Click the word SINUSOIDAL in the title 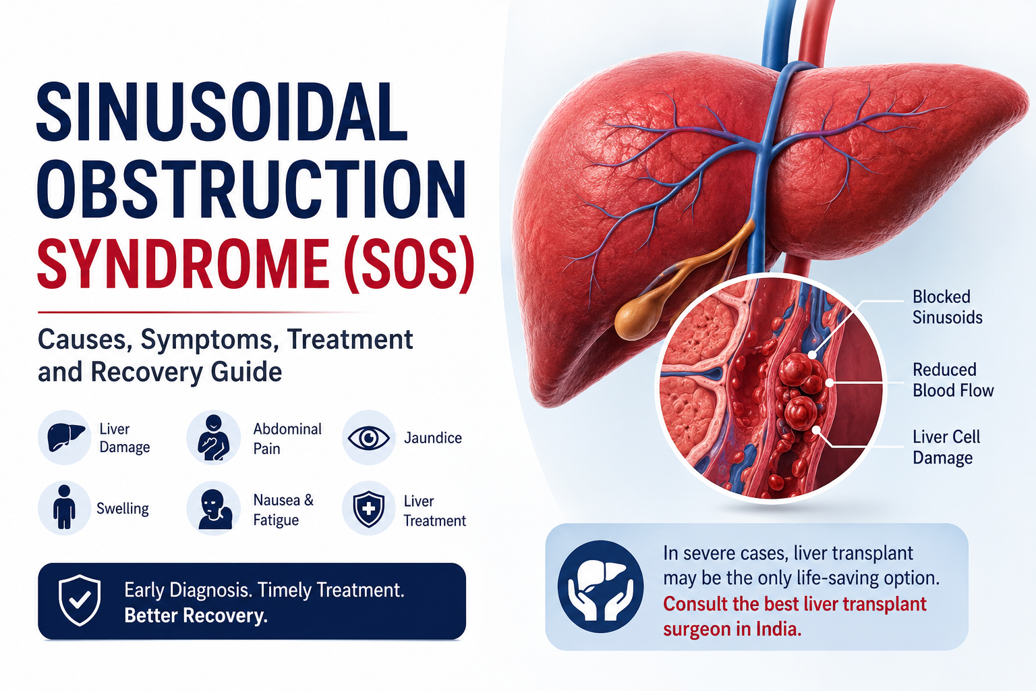(221, 113)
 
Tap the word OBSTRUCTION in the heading (251, 189)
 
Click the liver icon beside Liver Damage (65, 437)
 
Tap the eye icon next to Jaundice (369, 438)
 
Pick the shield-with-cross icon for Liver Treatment (369, 509)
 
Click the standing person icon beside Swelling (64, 507)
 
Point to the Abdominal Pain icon (213, 437)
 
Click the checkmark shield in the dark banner (80, 601)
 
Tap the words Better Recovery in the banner (196, 615)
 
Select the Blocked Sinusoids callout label (947, 307)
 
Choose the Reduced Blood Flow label (953, 380)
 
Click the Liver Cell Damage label (946, 447)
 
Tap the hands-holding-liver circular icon (600, 587)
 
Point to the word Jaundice (433, 438)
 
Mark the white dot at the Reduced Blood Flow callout (829, 383)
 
